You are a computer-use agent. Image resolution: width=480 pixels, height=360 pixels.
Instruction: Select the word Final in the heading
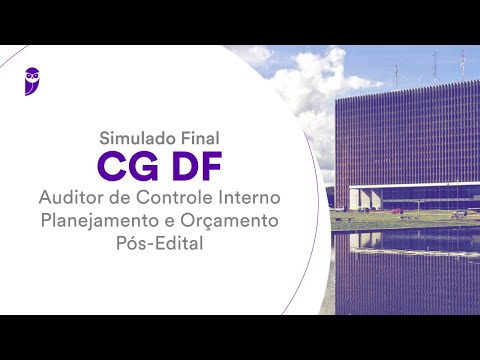click(199, 137)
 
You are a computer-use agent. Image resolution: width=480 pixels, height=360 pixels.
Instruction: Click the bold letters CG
click(126, 162)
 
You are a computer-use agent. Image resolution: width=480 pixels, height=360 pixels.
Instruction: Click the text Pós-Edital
click(158, 242)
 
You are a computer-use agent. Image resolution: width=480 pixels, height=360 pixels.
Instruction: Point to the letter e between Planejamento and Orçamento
click(171, 219)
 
